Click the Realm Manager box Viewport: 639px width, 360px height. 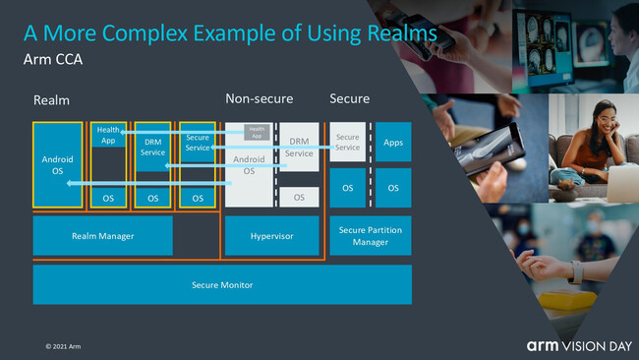click(x=103, y=236)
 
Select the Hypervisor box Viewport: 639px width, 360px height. click(x=272, y=236)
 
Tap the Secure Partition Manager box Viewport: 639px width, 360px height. click(x=371, y=236)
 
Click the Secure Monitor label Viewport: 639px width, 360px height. click(x=222, y=285)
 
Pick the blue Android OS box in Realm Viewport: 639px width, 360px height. click(x=57, y=164)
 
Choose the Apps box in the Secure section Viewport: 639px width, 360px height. click(x=393, y=143)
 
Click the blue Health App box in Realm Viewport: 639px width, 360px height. click(x=107, y=137)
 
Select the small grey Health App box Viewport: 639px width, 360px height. click(x=257, y=133)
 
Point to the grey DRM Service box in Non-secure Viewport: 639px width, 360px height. click(x=299, y=148)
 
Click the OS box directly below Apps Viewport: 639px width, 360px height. click(x=393, y=188)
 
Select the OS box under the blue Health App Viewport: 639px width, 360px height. click(x=107, y=198)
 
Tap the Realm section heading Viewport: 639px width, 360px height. click(x=51, y=100)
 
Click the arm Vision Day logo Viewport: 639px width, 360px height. click(x=575, y=345)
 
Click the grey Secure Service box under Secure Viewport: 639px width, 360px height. click(x=348, y=143)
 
